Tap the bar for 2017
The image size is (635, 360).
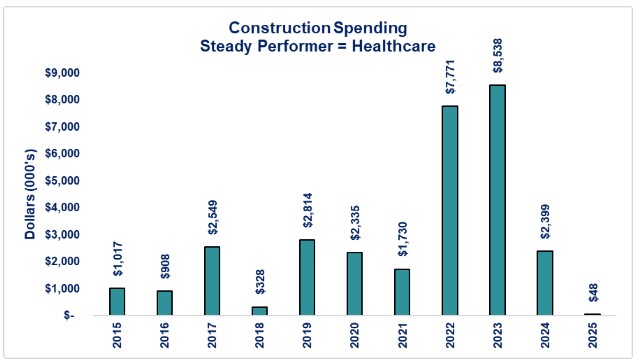coord(212,280)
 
